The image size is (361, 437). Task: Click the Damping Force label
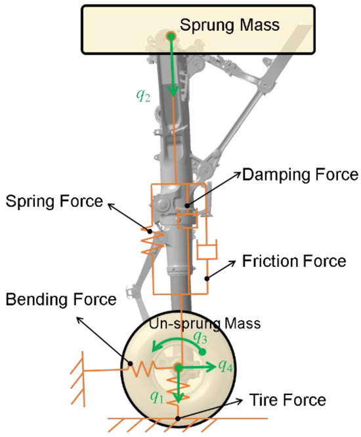click(299, 175)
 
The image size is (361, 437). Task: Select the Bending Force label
click(60, 300)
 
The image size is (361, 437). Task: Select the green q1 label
click(157, 396)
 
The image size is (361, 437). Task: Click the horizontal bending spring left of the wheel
click(142, 369)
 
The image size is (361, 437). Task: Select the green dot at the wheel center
click(178, 367)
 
